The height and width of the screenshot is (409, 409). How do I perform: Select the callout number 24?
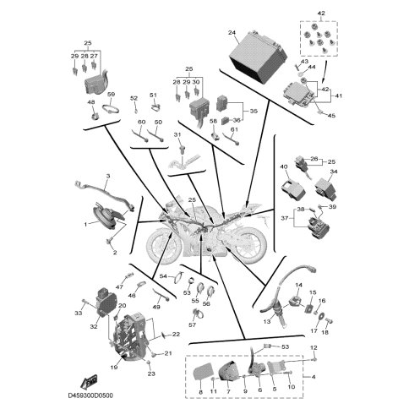point(232,33)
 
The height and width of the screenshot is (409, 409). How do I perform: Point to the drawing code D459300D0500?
point(90,395)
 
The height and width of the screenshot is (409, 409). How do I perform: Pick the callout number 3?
point(108,176)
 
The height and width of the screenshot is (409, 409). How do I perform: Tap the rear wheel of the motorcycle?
point(248,246)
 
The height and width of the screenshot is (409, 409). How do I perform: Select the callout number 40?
point(283,166)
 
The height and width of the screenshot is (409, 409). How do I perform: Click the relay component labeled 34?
point(326,188)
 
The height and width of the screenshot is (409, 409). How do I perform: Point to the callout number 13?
point(267,321)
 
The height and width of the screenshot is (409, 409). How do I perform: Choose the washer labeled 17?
point(320,316)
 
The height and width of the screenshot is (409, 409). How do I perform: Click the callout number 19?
point(114,367)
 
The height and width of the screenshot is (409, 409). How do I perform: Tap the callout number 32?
point(94,326)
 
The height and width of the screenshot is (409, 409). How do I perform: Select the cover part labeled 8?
point(204,374)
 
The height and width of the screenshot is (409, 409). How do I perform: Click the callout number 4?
point(314,377)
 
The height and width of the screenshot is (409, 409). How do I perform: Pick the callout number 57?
point(192,325)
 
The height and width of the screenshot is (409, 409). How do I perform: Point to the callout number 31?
point(177,135)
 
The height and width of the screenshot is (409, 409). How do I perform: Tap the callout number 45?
point(331,116)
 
